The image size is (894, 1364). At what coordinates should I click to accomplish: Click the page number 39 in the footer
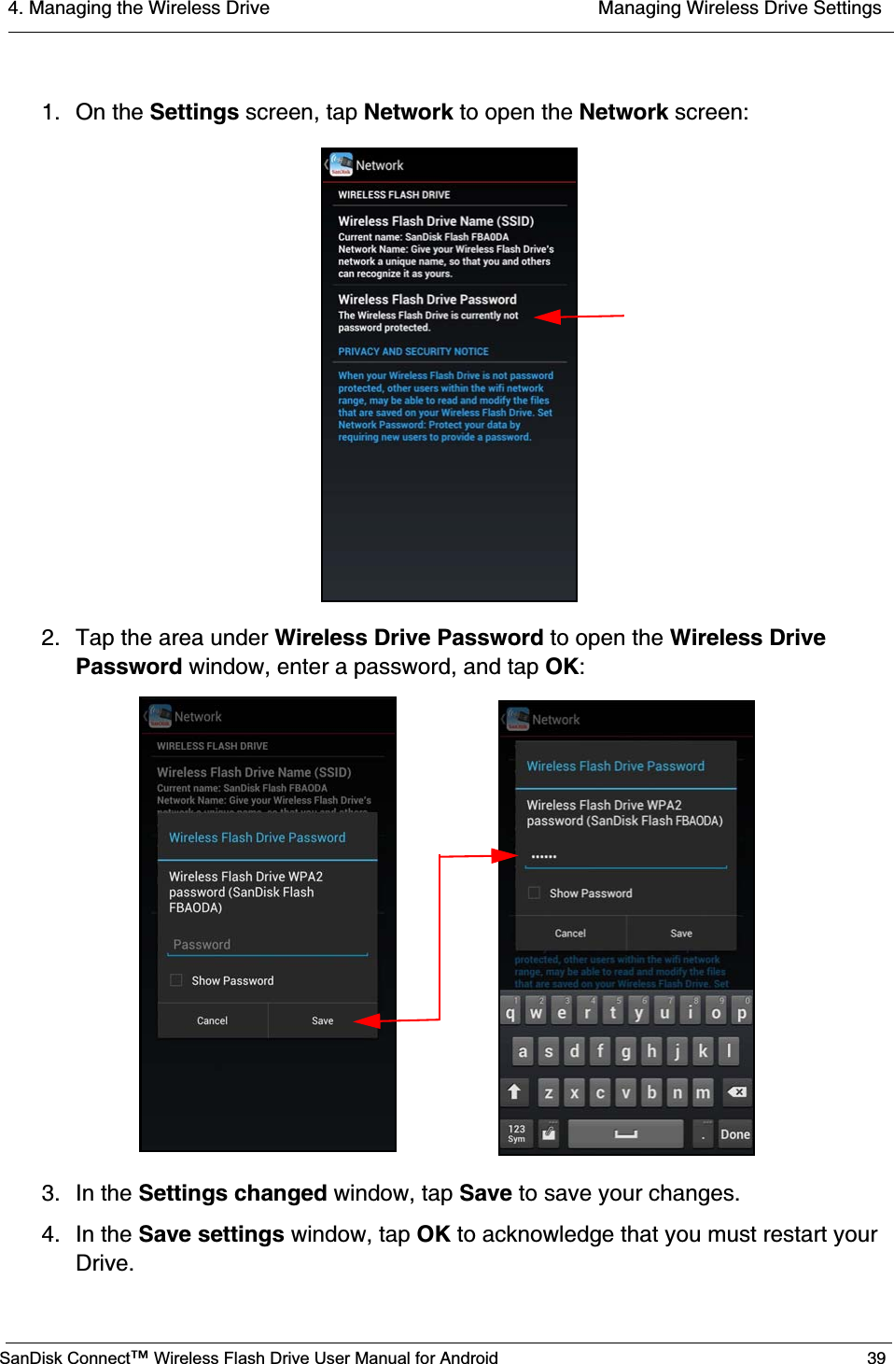875,1357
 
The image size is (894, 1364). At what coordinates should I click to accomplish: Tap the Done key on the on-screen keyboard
734,1134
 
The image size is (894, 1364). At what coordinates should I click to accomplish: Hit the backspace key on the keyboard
736,1091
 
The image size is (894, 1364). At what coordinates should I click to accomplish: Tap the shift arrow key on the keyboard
514,1091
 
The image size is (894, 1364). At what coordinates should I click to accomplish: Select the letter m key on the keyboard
703,1091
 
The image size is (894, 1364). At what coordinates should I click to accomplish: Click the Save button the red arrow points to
322,1020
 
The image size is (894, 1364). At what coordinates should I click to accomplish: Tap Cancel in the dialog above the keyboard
570,933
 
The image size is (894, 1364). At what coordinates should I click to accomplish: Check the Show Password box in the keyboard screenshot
535,893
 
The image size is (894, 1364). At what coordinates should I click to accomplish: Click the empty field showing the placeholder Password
267,945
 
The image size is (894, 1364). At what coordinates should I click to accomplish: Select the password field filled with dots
625,856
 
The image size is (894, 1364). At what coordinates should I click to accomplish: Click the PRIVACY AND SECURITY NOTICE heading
413,352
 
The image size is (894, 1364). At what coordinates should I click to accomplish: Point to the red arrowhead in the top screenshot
548,316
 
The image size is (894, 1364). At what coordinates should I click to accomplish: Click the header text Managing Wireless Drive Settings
739,9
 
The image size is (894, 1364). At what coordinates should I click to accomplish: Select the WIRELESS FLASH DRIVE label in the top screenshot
394,195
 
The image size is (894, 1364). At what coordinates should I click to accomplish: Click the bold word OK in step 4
433,1234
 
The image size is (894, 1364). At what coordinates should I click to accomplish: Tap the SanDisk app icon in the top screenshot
342,164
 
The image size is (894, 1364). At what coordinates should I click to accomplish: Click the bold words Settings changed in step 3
232,1193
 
